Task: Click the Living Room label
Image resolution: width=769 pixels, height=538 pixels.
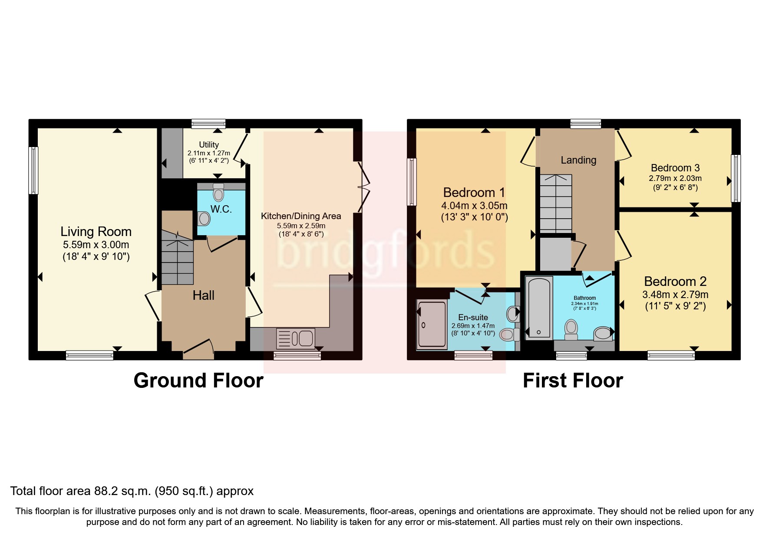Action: point(96,232)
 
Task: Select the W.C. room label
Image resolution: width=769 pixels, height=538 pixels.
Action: point(221,209)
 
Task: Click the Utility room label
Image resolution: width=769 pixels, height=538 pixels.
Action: point(209,144)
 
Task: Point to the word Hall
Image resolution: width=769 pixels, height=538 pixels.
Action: point(204,295)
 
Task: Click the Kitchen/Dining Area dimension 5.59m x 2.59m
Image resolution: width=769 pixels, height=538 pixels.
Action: point(301,226)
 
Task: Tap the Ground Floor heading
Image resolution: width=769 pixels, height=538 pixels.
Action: point(198,381)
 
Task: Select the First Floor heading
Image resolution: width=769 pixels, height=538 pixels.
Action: point(573,381)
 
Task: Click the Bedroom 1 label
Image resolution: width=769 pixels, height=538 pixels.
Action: point(475,192)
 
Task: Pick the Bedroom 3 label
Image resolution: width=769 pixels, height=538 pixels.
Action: point(675,168)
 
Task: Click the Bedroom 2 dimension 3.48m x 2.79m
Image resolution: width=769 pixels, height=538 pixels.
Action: point(675,295)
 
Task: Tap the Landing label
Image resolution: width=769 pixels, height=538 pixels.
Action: point(578,160)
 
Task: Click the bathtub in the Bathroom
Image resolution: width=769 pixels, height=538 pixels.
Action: point(539,308)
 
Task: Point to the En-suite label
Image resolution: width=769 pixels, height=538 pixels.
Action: point(473,317)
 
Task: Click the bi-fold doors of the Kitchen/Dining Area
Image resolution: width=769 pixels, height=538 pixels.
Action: point(363,187)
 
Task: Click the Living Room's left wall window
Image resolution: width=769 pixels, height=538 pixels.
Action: point(33,171)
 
